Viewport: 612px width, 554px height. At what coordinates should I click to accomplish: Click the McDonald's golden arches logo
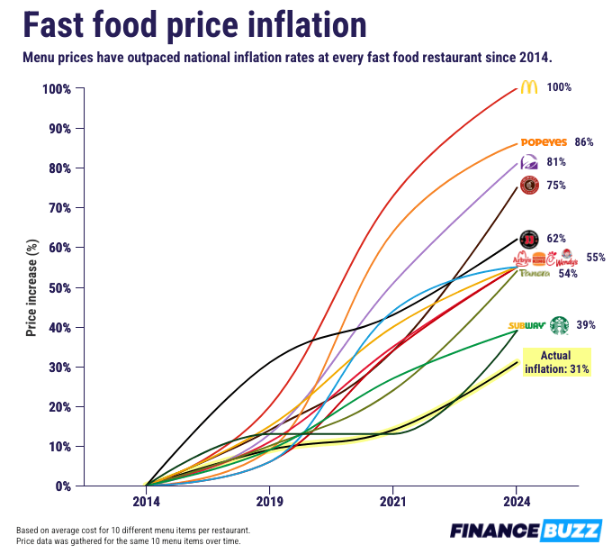528,87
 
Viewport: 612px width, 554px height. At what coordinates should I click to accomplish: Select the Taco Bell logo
529,162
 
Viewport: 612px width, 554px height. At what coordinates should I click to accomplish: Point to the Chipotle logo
529,186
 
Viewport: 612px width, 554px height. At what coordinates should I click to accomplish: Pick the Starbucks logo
560,325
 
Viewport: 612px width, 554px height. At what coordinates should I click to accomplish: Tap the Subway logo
526,325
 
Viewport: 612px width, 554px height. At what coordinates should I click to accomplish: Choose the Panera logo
534,273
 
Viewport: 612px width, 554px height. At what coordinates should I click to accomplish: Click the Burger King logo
539,259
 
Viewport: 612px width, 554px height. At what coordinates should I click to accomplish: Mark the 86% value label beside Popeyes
583,142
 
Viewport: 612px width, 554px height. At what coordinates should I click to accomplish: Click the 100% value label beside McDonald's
559,87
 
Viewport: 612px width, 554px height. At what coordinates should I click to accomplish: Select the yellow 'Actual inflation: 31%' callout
556,361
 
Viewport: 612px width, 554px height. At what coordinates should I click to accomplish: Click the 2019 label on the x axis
269,500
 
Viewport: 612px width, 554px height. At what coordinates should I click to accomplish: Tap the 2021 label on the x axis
392,500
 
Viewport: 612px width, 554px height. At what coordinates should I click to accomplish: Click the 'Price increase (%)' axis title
31,287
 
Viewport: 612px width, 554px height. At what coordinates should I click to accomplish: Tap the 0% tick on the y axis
61,486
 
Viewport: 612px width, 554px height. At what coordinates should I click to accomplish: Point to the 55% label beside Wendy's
596,258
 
